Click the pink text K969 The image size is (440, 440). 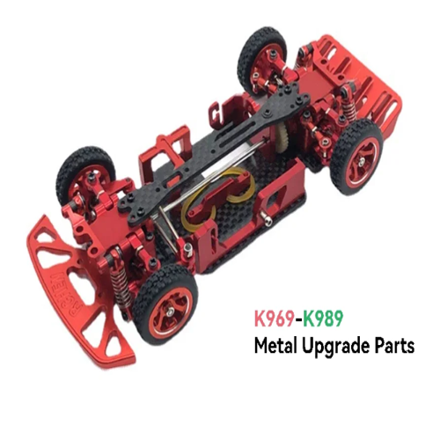tap(275, 319)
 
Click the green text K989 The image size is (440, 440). tap(323, 319)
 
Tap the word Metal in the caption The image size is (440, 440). tap(275, 346)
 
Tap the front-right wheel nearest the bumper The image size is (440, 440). tap(165, 308)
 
